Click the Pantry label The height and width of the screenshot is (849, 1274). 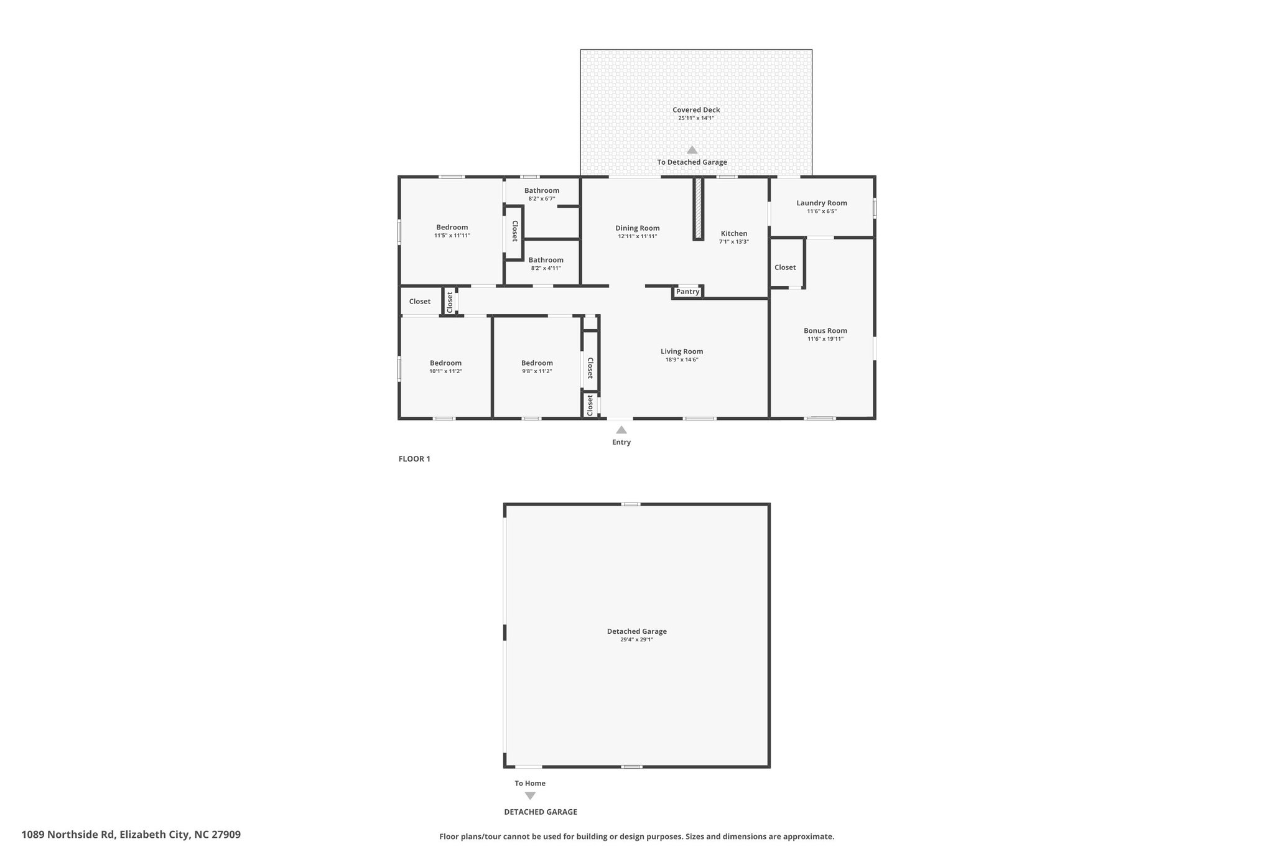687,292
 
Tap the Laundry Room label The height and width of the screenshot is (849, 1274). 822,203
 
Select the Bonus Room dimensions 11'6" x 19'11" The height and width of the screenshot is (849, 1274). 825,339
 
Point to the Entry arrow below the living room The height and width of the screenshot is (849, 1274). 621,430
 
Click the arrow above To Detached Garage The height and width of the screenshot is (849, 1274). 692,150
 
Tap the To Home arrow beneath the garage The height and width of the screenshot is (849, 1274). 530,796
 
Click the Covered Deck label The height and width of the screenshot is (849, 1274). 696,110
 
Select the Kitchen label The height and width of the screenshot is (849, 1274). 734,234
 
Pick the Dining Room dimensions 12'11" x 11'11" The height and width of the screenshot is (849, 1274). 638,236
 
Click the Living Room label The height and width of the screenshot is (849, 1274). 682,351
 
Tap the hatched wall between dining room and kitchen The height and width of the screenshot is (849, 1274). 698,208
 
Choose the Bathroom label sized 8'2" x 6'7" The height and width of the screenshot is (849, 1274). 542,190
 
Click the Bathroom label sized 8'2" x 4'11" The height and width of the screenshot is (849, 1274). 546,260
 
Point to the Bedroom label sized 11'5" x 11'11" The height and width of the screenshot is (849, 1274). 452,228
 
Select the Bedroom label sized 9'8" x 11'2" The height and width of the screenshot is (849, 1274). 537,363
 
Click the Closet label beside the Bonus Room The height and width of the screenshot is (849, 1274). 785,267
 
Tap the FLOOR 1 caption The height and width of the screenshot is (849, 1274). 414,459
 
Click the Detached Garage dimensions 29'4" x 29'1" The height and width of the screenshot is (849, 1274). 637,639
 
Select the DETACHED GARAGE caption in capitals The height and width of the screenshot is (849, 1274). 541,812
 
